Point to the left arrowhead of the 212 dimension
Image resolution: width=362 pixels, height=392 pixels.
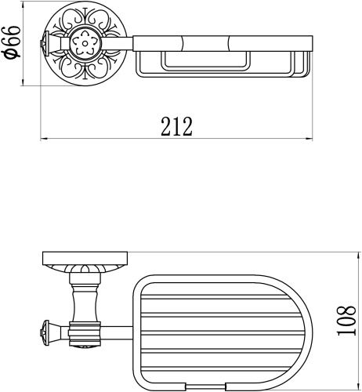coord(44,140)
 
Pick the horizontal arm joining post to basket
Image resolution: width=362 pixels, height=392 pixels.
coord(118,330)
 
